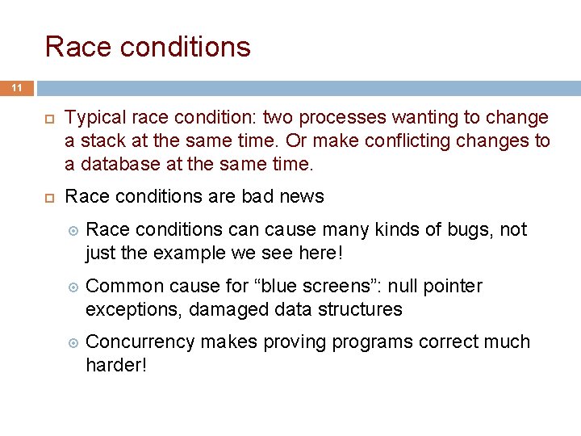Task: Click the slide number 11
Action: click(17, 88)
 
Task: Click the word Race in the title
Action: click(78, 47)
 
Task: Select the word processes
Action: click(342, 119)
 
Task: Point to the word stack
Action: click(102, 140)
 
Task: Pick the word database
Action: click(120, 164)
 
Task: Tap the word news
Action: click(302, 196)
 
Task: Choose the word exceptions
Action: click(134, 309)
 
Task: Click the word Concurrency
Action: click(140, 342)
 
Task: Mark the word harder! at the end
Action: click(116, 365)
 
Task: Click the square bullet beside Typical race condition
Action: click(50, 119)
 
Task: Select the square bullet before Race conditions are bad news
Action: click(50, 198)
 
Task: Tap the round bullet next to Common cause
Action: click(73, 287)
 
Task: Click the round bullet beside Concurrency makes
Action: click(73, 343)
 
